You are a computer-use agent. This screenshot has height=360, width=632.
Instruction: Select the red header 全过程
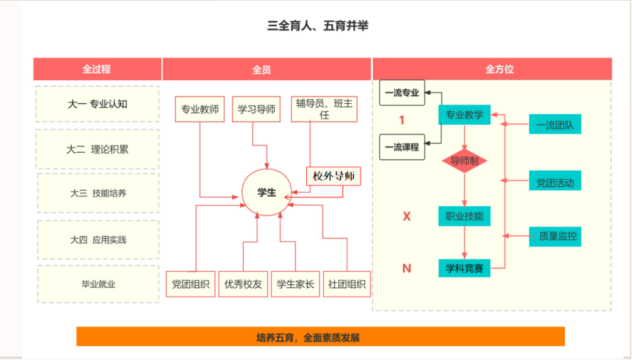97,69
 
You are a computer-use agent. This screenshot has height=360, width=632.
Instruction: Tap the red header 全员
262,69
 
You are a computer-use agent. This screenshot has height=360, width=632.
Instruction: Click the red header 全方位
492,69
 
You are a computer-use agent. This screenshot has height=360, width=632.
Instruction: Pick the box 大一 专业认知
97,104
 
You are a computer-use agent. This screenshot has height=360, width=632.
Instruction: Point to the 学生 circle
266,192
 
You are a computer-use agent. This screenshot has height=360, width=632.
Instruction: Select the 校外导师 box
334,176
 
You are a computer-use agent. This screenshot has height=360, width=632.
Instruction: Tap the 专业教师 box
200,109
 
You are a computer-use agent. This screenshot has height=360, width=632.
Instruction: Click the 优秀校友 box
243,284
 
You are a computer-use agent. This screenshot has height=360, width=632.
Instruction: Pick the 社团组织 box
347,284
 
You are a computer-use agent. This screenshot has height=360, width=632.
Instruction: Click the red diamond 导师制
464,161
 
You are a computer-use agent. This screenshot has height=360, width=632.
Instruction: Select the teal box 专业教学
464,115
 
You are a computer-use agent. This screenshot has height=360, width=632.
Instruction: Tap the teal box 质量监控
555,236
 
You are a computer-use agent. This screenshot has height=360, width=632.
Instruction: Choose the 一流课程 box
402,147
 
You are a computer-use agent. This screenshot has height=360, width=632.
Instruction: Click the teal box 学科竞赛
464,267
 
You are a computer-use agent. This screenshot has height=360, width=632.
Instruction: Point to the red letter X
406,216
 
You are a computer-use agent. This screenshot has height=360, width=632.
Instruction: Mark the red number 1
402,120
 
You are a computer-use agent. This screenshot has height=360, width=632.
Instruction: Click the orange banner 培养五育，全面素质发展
320,337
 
